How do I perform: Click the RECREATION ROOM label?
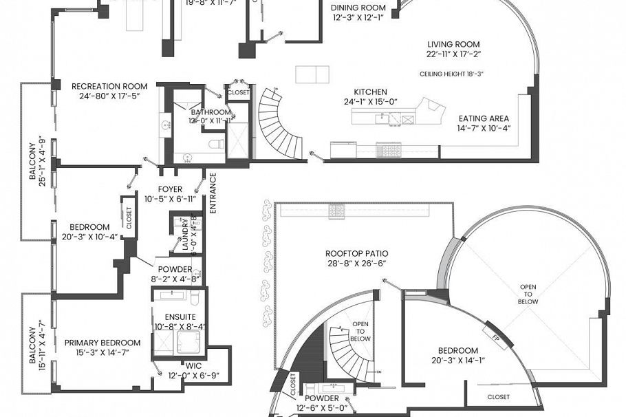click(x=109, y=86)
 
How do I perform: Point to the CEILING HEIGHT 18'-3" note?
click(x=451, y=74)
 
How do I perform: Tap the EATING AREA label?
click(x=484, y=118)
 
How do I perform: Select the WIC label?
click(x=193, y=365)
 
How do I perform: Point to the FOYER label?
click(x=169, y=189)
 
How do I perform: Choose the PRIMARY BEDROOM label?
click(x=102, y=342)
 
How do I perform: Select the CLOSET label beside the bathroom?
click(x=238, y=92)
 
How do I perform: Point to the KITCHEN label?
click(x=370, y=92)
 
